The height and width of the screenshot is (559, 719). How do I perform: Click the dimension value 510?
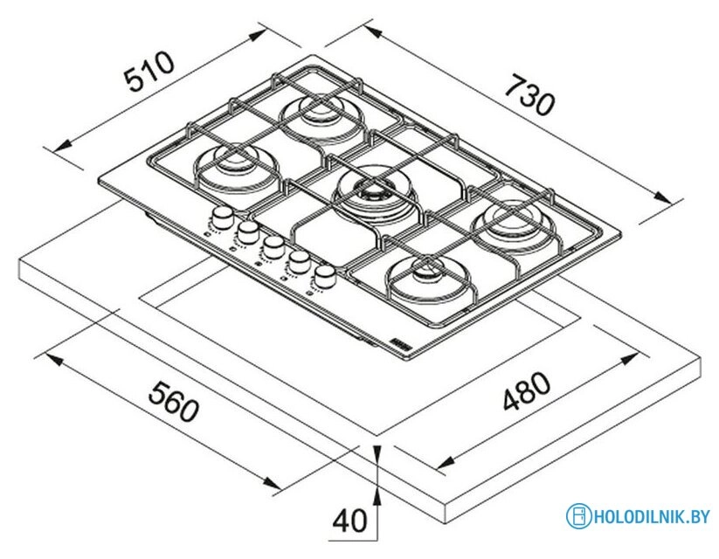pyautogui.click(x=150, y=73)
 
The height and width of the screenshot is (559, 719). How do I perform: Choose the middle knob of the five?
pyautogui.click(x=274, y=245)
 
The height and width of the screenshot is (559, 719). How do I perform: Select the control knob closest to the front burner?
pyautogui.click(x=326, y=275)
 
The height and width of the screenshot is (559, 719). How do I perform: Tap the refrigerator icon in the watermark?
pyautogui.click(x=577, y=516)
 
